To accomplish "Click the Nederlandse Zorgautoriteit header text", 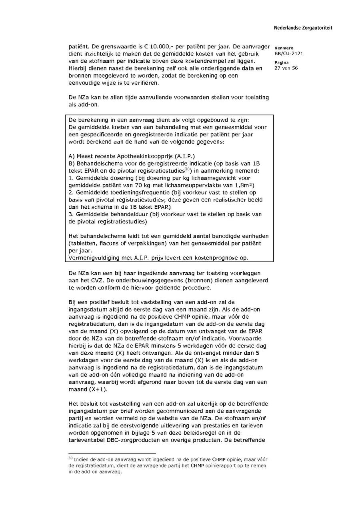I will point(303,28).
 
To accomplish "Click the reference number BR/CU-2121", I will point(286,53).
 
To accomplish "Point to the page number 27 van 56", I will point(286,68).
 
